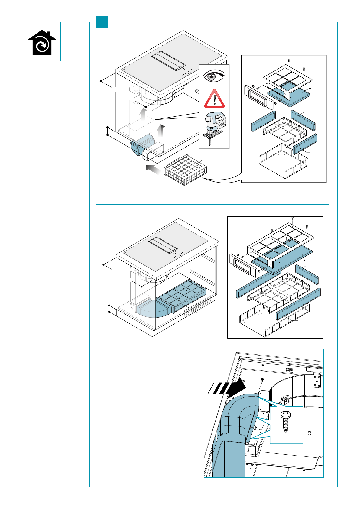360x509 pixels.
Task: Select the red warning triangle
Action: click(214, 99)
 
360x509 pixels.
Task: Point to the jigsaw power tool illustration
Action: click(214, 127)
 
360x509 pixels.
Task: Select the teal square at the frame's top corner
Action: click(102, 22)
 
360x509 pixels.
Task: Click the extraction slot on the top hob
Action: click(168, 60)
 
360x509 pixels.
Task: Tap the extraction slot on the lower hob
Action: click(163, 245)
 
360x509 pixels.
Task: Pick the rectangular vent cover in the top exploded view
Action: click(256, 97)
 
